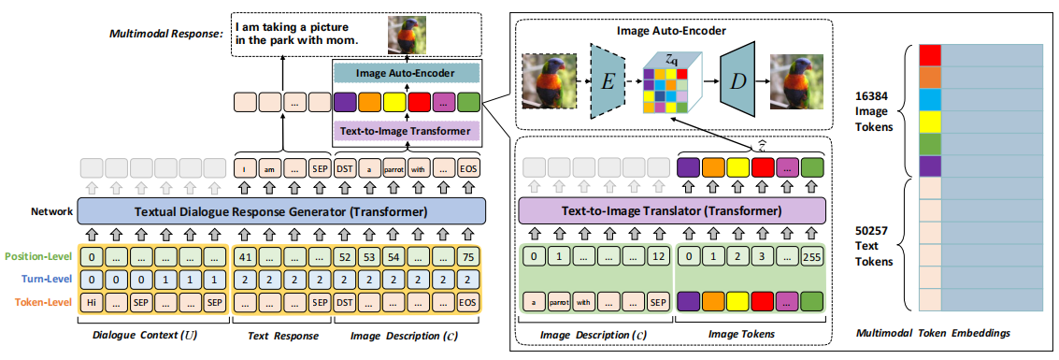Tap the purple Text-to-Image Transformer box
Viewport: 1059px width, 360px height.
406,132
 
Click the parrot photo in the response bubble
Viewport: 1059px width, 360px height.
408,34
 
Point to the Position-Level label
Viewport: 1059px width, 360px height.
38,256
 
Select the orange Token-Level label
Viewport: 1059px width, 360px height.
39,301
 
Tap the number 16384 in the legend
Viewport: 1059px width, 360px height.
870,96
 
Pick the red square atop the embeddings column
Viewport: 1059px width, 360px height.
929,53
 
